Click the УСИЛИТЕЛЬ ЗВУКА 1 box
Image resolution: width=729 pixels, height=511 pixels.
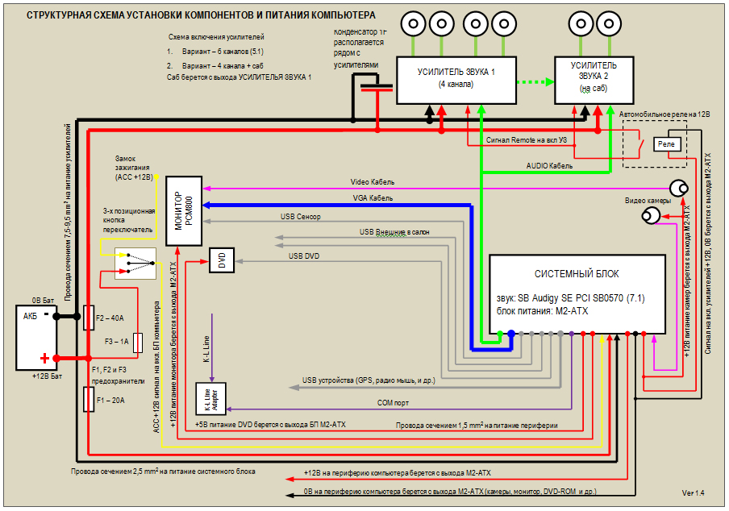[456, 79]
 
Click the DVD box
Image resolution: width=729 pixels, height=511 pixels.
[222, 259]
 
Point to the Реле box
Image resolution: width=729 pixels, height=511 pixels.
[666, 143]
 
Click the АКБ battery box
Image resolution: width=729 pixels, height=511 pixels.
[37, 337]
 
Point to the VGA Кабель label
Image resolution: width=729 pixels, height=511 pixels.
[373, 197]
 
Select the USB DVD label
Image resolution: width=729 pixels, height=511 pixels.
[304, 255]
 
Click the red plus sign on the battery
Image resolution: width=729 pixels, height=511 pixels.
[45, 359]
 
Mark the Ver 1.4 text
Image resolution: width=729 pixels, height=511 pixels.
[693, 492]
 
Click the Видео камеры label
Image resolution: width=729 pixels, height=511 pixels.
[648, 201]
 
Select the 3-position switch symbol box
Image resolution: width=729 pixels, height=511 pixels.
[135, 262]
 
